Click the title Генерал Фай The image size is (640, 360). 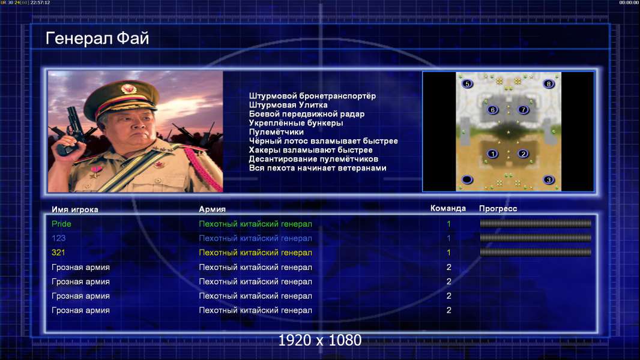pos(97,38)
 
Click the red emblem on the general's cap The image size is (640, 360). pos(128,89)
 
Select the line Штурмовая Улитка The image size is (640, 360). pos(288,105)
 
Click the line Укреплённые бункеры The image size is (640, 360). pos(296,123)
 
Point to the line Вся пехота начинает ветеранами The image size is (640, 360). pos(318,168)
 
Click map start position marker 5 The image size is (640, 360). pos(467,84)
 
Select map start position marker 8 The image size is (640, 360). pos(549,84)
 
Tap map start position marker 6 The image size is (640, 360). pos(493,110)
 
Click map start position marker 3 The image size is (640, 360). pos(549,180)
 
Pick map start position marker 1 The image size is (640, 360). pos(493,154)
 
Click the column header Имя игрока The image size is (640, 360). pos(74,209)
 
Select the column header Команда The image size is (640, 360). pos(448,208)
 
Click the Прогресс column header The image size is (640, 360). pos(498,209)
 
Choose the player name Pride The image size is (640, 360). pos(61,224)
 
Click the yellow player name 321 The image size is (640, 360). pos(58,253)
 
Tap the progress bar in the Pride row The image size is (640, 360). pos(536,223)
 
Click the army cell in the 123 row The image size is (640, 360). pos(256,238)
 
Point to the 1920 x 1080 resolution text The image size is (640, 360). pos(320,340)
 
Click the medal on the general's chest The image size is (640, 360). pos(95,171)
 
